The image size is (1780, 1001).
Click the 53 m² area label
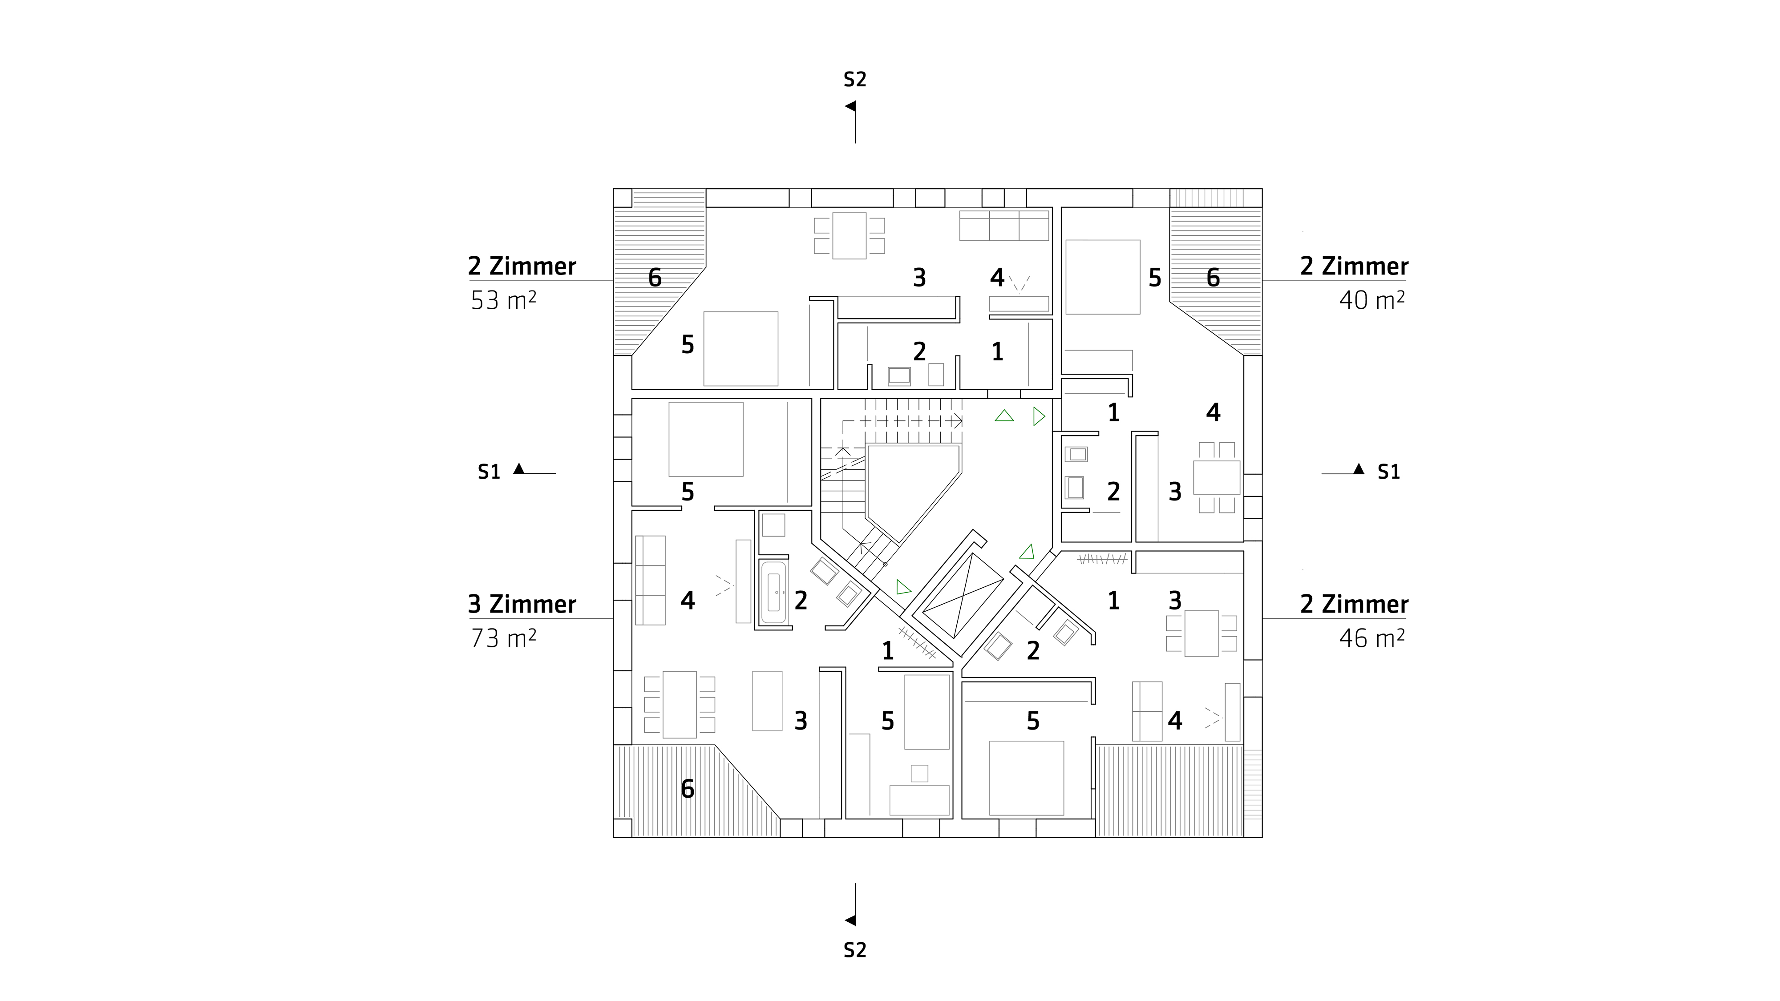click(x=504, y=300)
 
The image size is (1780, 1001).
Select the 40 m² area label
click(x=1371, y=300)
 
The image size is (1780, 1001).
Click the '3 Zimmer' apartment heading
click(x=522, y=605)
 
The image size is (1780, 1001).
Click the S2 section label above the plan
click(x=855, y=80)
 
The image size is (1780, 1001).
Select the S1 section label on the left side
click(x=489, y=472)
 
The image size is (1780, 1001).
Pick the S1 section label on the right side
click(x=1389, y=472)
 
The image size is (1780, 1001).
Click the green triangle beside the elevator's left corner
click(x=902, y=588)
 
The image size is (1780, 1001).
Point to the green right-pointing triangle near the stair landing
click(x=1039, y=416)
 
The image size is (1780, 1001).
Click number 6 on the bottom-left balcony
click(x=688, y=789)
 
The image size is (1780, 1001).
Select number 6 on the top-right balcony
click(x=1214, y=278)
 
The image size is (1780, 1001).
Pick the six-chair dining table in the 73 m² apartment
click(x=679, y=705)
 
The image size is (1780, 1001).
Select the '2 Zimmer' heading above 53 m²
click(x=522, y=266)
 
